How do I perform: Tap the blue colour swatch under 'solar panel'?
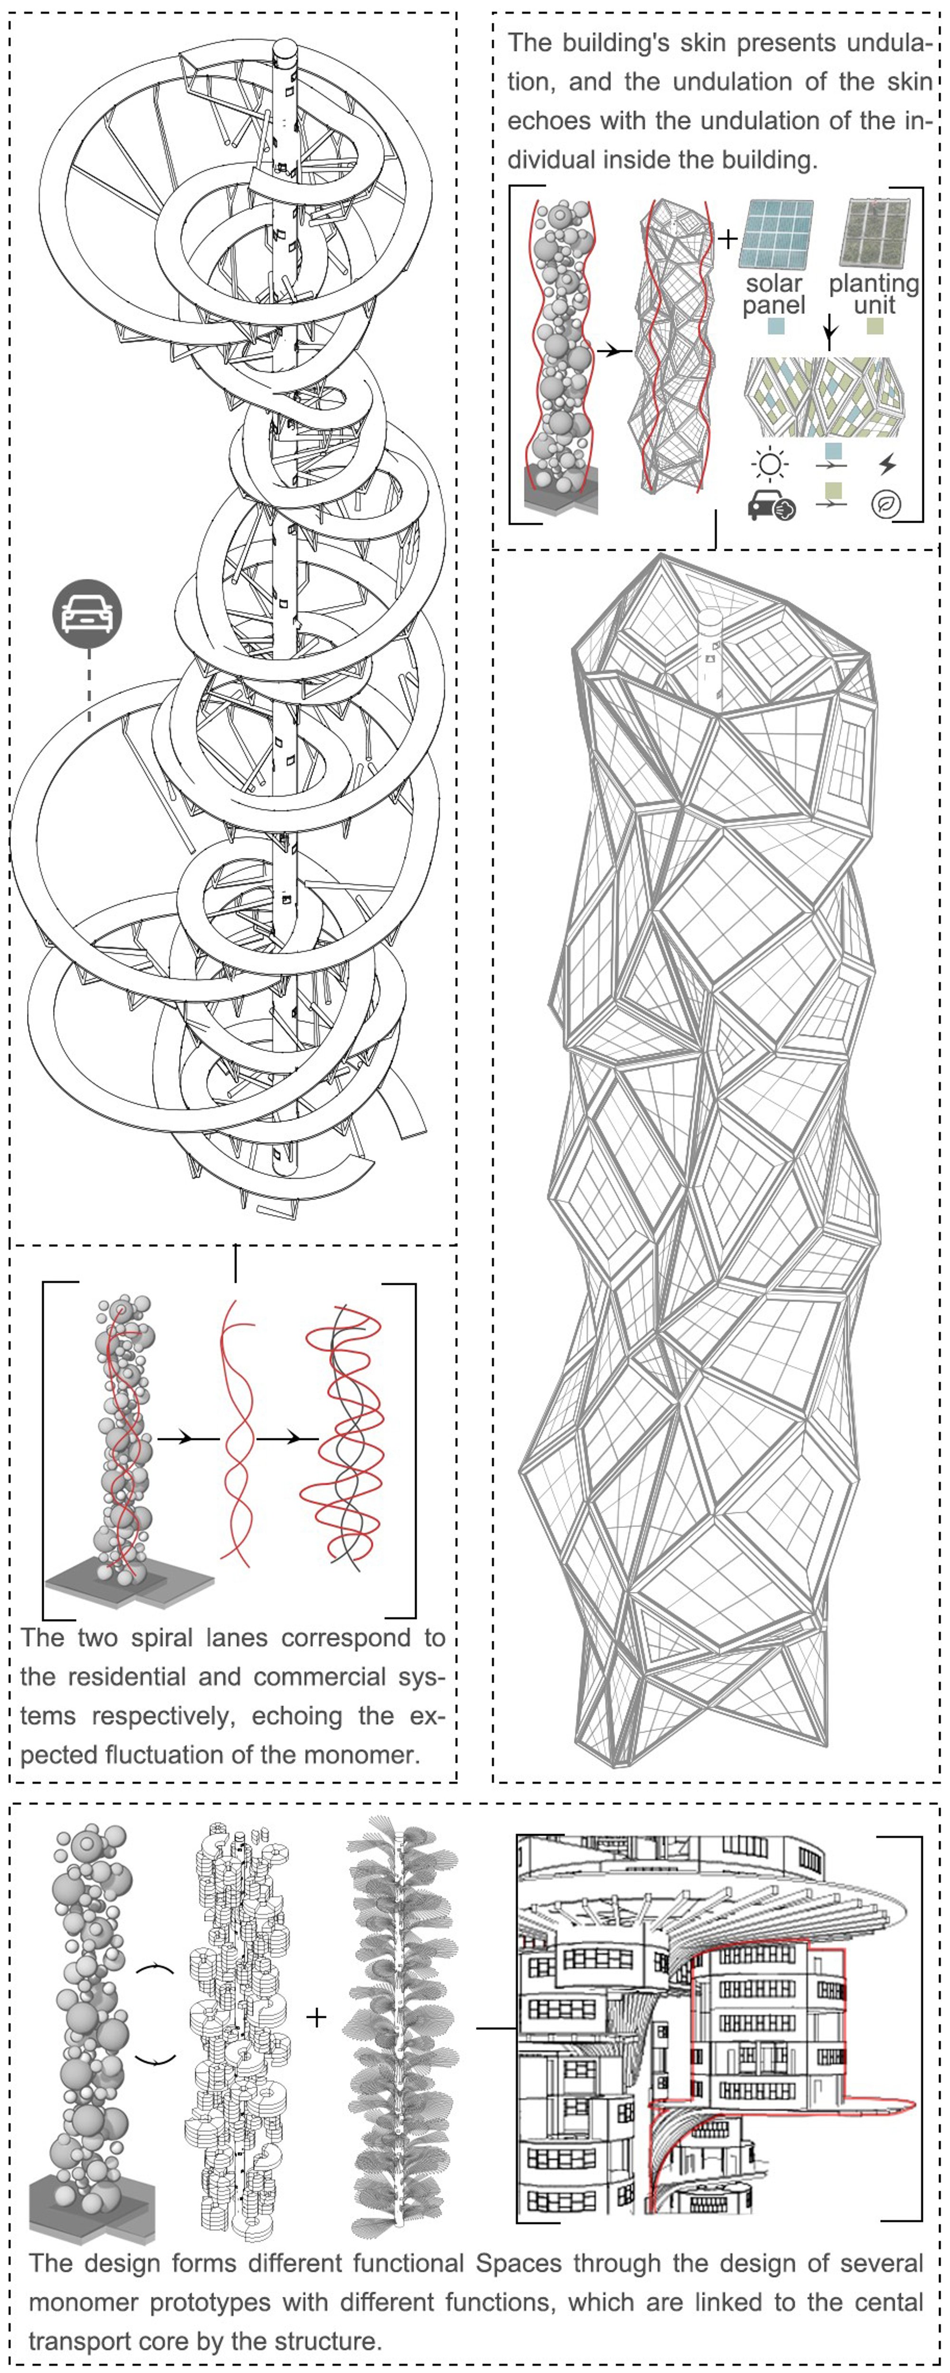(776, 326)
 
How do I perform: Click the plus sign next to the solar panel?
(728, 239)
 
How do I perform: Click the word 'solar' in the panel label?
(774, 284)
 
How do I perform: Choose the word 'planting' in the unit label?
(874, 284)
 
